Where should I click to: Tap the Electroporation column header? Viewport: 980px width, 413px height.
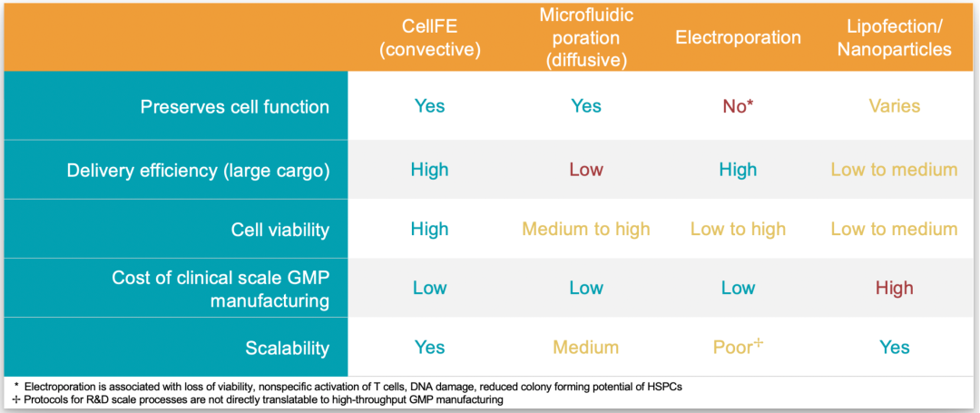[x=738, y=37]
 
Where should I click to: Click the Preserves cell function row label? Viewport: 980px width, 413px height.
[x=234, y=106]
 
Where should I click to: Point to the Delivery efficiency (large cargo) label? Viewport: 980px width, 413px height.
[x=198, y=170]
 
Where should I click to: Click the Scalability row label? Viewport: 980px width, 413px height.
[x=287, y=348]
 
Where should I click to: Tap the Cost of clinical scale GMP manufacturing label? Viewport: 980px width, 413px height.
[x=220, y=289]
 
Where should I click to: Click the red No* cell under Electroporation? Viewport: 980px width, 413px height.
[x=738, y=106]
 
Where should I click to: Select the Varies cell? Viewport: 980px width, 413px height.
[x=895, y=106]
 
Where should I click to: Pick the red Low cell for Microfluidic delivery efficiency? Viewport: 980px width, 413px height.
[x=586, y=170]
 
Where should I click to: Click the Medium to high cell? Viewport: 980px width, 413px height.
[x=586, y=230]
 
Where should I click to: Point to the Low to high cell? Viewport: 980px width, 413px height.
[x=738, y=230]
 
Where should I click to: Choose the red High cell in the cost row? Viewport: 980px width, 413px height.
[x=895, y=288]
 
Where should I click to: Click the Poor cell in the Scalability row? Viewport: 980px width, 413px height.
[x=738, y=348]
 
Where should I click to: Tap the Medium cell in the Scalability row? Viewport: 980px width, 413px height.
[x=586, y=348]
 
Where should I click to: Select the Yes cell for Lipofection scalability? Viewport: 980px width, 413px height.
[x=895, y=348]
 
